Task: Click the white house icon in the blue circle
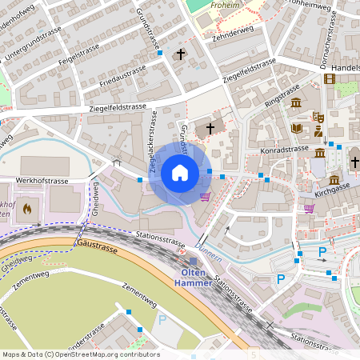coord(179,172)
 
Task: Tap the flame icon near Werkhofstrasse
coord(27,210)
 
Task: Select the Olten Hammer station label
coord(193,277)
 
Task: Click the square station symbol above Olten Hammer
coord(193,262)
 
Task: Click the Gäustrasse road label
coord(97,246)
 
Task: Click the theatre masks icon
coord(318,117)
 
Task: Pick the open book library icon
coord(297,128)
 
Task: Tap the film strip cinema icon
coord(330,78)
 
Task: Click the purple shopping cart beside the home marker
coord(205,196)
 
